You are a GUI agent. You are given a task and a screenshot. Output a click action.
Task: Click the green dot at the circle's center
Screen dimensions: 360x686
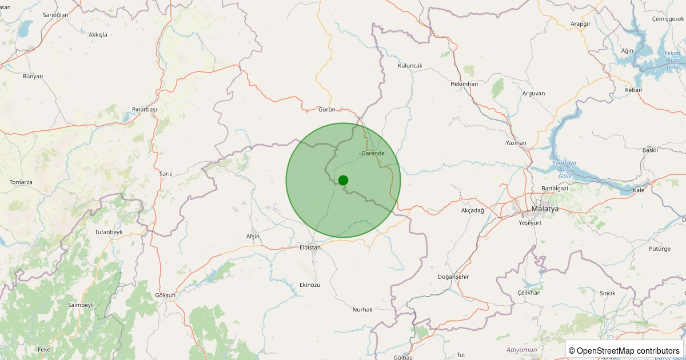coord(343,180)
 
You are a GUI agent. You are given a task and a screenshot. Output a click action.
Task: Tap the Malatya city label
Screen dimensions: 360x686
coord(544,209)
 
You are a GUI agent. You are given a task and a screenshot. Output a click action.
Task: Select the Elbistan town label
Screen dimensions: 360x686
coord(310,247)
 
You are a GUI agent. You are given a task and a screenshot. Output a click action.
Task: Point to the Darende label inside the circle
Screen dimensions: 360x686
coord(373,153)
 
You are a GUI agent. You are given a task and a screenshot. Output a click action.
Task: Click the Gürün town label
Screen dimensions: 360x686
coord(326,109)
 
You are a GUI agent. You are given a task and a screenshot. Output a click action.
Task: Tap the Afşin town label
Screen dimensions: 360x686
coord(253,237)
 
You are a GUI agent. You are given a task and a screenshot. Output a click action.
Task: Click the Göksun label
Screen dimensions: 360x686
coord(165,295)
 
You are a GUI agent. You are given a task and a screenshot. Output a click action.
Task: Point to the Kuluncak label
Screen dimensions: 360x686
coord(410,66)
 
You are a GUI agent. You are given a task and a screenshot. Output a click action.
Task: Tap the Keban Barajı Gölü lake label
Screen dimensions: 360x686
coord(672,59)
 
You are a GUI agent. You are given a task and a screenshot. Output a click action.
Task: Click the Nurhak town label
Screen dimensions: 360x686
coord(362,309)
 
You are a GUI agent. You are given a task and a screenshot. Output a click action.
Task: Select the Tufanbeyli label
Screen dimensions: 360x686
coord(109,232)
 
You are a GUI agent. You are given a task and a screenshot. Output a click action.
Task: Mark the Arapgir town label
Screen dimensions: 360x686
coord(584,24)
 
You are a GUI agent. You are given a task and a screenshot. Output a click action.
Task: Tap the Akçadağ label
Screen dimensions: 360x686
coord(472,210)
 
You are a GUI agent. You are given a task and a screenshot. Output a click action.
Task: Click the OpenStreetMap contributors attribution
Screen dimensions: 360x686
coord(624,350)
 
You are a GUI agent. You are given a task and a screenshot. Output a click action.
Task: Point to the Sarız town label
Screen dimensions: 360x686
coord(166,173)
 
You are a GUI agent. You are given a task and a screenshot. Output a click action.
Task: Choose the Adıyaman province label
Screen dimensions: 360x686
coord(521,349)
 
